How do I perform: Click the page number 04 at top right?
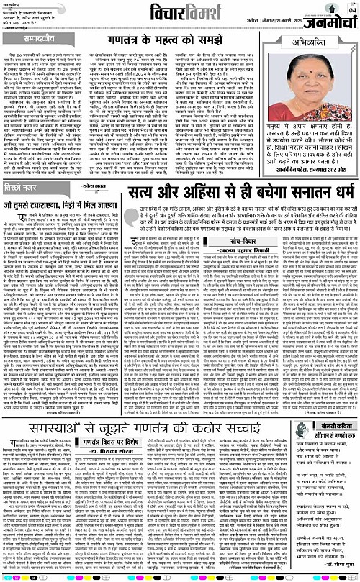coord(351,7)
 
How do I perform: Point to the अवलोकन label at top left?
coord(16,4)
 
